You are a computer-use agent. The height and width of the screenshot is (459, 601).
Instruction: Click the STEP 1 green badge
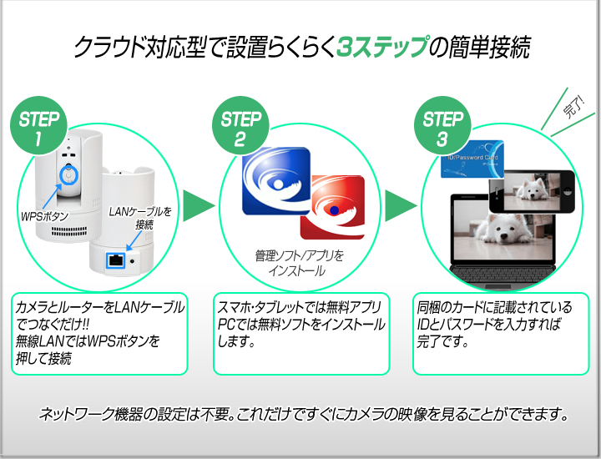(x=38, y=126)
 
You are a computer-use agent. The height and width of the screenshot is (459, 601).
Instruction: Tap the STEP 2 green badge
(x=240, y=126)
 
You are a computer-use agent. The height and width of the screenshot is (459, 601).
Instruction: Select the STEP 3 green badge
(x=442, y=126)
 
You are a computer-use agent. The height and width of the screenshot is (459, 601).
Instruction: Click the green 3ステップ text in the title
(x=382, y=48)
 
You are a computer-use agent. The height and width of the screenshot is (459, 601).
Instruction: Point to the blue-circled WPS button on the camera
(x=68, y=174)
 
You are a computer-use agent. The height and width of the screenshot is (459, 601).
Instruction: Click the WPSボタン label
(x=45, y=216)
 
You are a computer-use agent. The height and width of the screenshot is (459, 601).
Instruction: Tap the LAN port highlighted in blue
(x=116, y=260)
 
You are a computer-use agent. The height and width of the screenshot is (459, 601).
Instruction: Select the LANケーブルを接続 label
(x=141, y=218)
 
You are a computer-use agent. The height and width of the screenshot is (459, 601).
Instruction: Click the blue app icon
(x=275, y=181)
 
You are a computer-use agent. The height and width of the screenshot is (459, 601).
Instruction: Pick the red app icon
(x=333, y=208)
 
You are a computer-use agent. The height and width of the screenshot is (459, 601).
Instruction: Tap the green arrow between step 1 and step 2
(x=198, y=206)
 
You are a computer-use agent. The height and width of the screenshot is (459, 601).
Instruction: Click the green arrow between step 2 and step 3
(x=400, y=206)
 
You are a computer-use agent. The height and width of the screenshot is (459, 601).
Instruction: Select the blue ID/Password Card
(x=472, y=159)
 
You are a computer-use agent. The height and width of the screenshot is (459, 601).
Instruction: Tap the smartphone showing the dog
(x=532, y=191)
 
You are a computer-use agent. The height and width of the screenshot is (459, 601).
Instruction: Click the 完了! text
(x=573, y=107)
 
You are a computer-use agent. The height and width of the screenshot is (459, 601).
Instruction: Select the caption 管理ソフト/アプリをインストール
(x=299, y=263)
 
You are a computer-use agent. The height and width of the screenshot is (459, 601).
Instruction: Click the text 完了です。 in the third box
(x=442, y=341)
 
